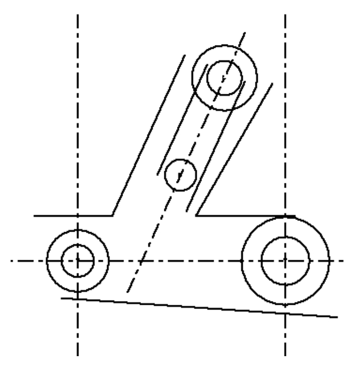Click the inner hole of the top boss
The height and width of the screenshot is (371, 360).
click(x=224, y=77)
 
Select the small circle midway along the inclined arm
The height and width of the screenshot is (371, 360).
click(x=181, y=173)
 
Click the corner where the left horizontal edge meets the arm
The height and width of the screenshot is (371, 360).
click(x=112, y=216)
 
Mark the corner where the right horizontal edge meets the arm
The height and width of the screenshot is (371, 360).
click(x=197, y=216)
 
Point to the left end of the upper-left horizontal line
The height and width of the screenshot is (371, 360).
click(x=34, y=216)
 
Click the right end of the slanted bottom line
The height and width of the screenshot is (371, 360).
click(x=337, y=317)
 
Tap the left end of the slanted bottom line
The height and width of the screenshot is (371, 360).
click(x=62, y=298)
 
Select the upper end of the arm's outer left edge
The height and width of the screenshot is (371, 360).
click(x=185, y=54)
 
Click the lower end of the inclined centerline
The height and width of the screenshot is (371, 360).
click(x=126, y=293)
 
